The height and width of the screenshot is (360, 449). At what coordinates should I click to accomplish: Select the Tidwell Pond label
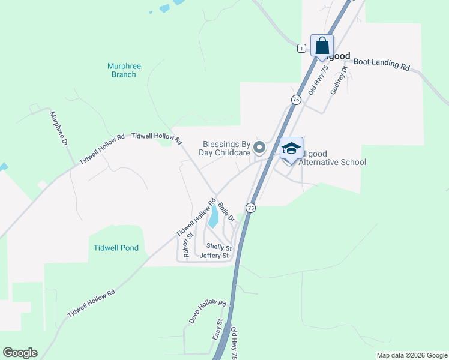pos(116,248)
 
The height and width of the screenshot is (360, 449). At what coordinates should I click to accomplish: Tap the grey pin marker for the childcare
pos(259,147)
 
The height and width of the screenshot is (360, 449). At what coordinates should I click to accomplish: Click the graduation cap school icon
pos(291,148)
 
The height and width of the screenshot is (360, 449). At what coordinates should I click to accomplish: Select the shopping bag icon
pos(322,46)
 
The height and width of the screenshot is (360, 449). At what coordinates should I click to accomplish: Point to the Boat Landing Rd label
pos(381,64)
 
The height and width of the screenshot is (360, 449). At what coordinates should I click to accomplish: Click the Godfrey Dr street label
pos(338,82)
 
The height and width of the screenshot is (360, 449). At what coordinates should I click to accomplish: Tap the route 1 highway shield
pos(301,48)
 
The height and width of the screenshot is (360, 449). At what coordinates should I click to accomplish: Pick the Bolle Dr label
pos(226,211)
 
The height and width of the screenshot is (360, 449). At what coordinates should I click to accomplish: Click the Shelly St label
pos(218,247)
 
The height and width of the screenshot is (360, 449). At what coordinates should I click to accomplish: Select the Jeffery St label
pos(214,256)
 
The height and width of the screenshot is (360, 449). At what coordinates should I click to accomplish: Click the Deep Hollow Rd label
pos(207,312)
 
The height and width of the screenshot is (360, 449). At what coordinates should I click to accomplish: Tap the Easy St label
pos(218,330)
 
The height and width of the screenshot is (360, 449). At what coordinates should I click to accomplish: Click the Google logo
pos(20,353)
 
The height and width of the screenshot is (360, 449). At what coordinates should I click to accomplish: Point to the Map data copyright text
pos(411,355)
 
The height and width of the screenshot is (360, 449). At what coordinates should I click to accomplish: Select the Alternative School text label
pos(332,162)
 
